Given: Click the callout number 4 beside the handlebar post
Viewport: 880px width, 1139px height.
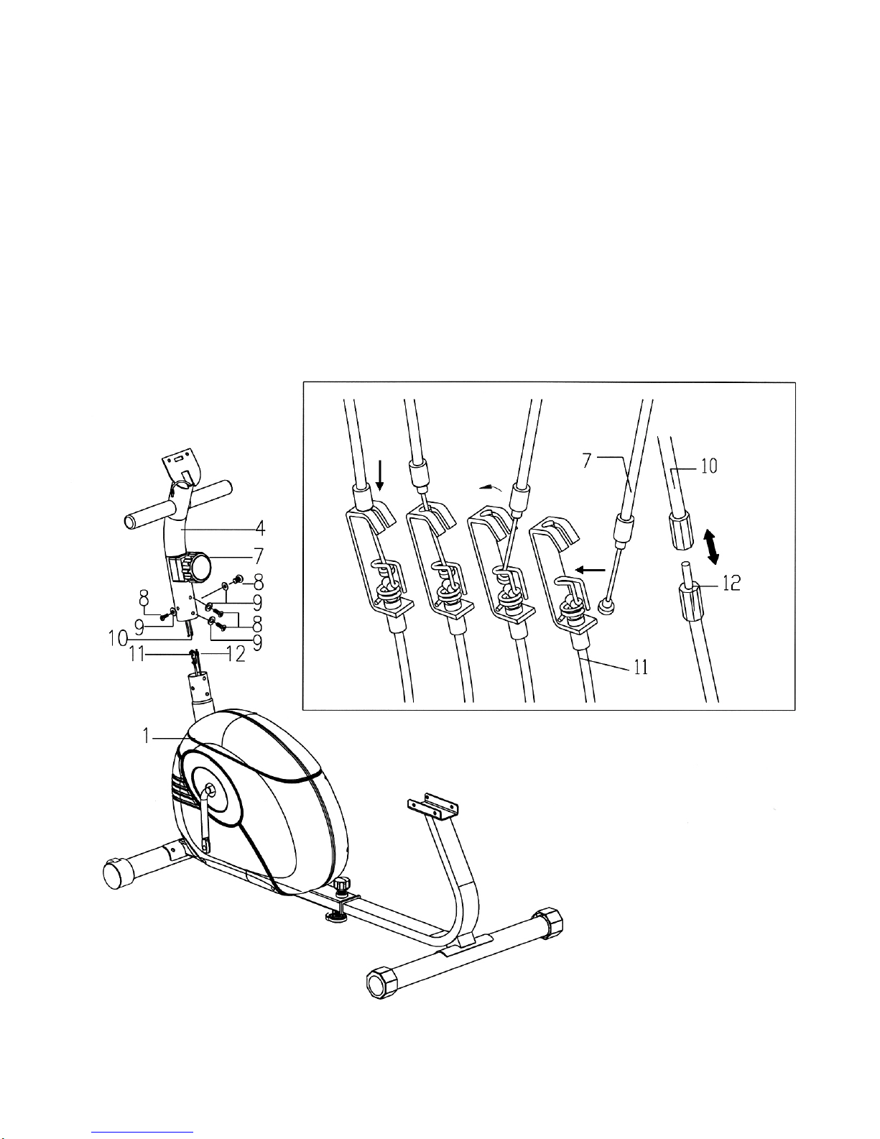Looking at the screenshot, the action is pyautogui.click(x=260, y=528).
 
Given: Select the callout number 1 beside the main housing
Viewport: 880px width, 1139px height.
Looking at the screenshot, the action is pyautogui.click(x=146, y=737).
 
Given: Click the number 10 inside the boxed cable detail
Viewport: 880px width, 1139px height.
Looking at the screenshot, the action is pyautogui.click(x=709, y=466).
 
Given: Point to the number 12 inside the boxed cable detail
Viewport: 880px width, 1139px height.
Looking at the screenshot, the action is pyautogui.click(x=731, y=584).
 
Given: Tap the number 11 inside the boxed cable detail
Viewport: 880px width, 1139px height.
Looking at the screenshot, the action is pyautogui.click(x=640, y=667).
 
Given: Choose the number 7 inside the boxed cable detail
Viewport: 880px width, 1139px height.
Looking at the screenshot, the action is pyautogui.click(x=587, y=461).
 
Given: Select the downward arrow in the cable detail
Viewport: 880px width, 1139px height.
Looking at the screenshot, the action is pyautogui.click(x=380, y=476).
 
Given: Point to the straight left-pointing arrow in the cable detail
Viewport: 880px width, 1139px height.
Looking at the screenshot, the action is pyautogui.click(x=590, y=568).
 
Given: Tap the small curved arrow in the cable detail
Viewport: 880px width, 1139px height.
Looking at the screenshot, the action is pyautogui.click(x=491, y=488).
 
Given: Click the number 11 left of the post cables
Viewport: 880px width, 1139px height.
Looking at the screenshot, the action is pyautogui.click(x=137, y=655).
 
